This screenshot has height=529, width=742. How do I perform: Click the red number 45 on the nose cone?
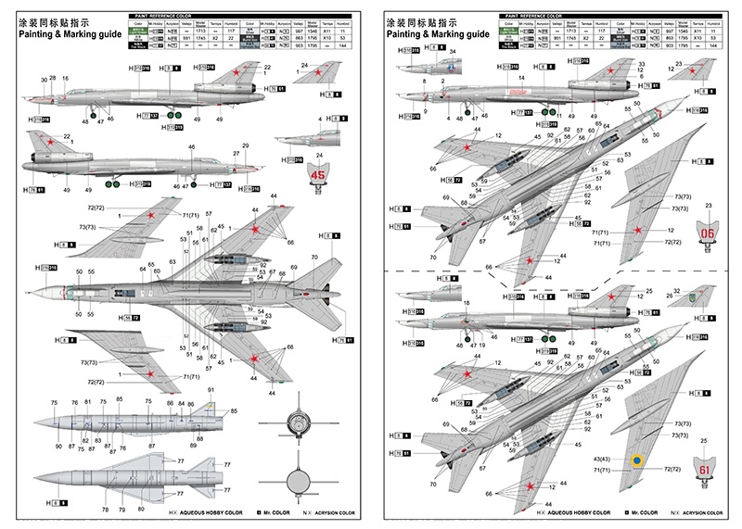click(320, 173)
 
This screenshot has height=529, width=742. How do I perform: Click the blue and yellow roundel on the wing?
click(636, 460)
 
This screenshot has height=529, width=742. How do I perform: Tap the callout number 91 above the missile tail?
click(211, 389)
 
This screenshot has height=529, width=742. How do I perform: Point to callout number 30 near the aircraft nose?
click(44, 80)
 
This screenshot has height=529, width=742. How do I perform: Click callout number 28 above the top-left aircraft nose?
click(53, 80)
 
